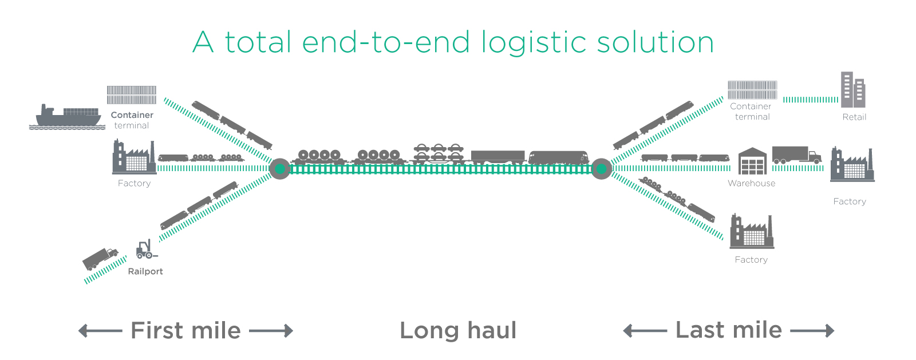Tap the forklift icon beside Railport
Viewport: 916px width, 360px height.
pos(145,250)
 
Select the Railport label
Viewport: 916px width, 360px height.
pos(145,271)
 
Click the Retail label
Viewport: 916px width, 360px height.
pos(854,117)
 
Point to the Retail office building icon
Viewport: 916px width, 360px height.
pos(852,90)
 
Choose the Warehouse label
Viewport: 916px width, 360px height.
pos(751,183)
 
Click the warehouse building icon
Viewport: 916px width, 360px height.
pos(752,161)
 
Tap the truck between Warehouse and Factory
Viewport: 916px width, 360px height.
pos(796,155)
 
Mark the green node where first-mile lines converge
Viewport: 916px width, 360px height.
pos(279,169)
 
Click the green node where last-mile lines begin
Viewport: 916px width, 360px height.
pos(601,169)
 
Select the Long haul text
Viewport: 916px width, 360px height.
pos(458,331)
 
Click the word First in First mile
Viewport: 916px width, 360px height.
pos(157,331)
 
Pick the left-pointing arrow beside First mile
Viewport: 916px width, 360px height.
pos(100,331)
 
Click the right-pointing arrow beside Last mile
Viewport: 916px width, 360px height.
pos(812,331)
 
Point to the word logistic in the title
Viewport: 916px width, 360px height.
pos(535,43)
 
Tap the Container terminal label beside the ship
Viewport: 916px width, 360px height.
pos(132,120)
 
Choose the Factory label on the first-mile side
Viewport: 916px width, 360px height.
pos(134,183)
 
